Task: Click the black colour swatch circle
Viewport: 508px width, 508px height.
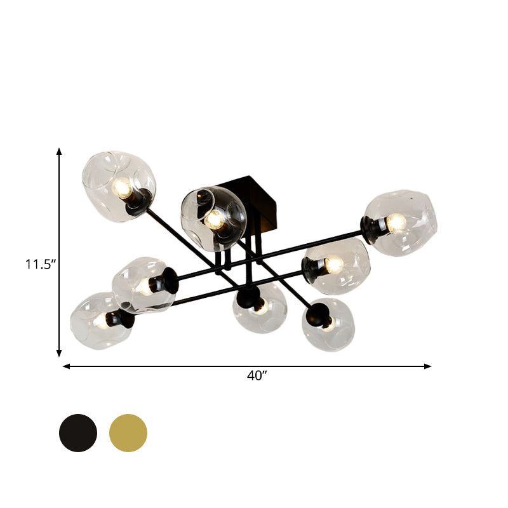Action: [78, 432]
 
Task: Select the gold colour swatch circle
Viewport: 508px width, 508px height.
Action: [128, 432]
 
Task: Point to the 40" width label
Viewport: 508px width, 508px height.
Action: [256, 375]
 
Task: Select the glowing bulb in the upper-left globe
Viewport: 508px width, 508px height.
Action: [120, 187]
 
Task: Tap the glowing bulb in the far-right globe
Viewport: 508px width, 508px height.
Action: [396, 222]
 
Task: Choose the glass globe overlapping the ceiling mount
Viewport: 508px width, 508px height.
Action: [213, 217]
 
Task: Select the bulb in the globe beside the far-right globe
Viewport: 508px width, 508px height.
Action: [334, 264]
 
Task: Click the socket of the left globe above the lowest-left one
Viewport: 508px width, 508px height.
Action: [167, 279]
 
